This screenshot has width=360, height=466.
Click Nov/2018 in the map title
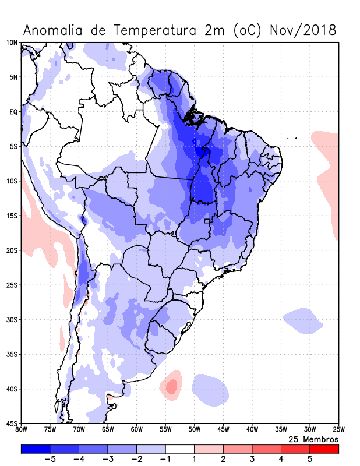(303, 30)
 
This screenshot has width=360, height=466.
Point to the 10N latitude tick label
(12, 43)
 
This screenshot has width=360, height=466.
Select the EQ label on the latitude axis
(13, 112)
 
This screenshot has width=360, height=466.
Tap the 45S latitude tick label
(12, 423)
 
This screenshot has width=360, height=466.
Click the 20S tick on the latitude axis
(12, 250)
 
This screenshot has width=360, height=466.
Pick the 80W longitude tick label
(22, 430)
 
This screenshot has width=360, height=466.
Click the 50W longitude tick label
(194, 430)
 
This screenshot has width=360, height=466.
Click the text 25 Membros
(313, 439)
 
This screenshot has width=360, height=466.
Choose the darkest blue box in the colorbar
(35, 449)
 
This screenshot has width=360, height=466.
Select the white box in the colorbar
(179, 449)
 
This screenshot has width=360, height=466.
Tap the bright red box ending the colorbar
(324, 449)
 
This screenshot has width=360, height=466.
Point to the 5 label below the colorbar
(310, 459)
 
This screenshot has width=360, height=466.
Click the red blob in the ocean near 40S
(171, 386)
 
